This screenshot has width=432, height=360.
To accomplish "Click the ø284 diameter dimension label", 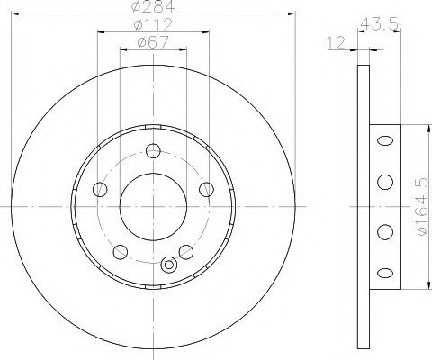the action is coord(153,6).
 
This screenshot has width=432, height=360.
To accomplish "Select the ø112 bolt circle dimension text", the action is coord(153,24).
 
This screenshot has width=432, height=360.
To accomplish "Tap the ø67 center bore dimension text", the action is coord(153,42).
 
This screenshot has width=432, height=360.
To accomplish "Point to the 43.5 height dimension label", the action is coord(379,24).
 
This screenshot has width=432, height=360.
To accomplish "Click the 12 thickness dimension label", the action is coord(337,43).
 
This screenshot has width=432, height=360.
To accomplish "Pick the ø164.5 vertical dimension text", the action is coord(422,207).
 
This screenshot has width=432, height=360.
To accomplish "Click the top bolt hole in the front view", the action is coord(153,150).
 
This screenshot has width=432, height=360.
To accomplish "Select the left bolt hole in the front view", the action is coord(100,190).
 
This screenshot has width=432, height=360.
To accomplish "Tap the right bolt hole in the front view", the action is coord(207,190).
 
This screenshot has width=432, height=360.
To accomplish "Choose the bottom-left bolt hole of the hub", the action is coord(121,252).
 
